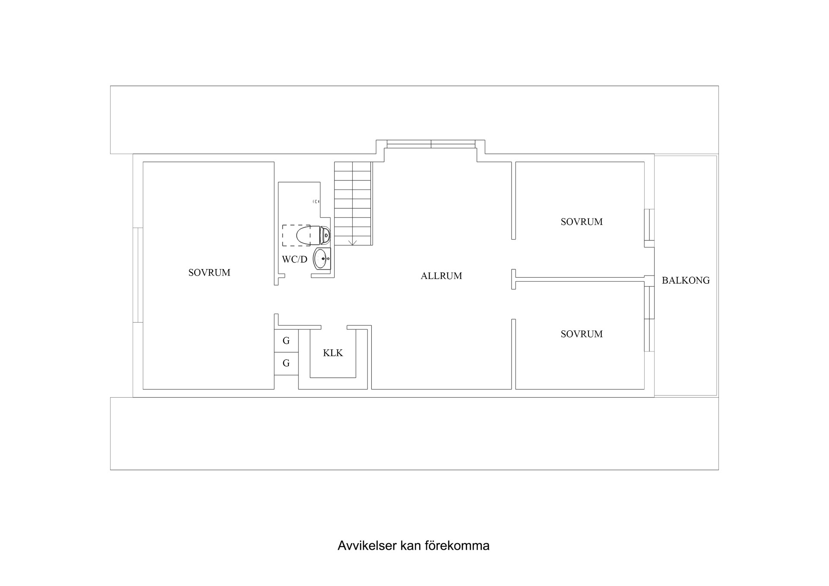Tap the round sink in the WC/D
click(x=322, y=259)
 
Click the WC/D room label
click(x=294, y=260)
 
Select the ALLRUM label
click(x=441, y=276)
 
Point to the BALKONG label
click(x=686, y=280)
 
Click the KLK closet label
click(x=333, y=353)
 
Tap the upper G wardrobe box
click(x=286, y=341)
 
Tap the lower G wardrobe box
click(x=286, y=363)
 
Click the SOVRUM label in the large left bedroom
click(x=209, y=272)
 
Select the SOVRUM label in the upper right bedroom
click(x=582, y=222)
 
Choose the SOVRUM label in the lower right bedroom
click(x=582, y=334)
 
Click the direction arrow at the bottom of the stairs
click(x=353, y=242)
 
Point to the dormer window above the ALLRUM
click(x=431, y=144)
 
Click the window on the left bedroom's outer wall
click(x=138, y=275)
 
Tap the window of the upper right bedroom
click(x=649, y=225)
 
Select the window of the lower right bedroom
click(x=649, y=319)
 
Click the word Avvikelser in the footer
click(x=367, y=546)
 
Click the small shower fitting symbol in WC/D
click(x=316, y=202)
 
